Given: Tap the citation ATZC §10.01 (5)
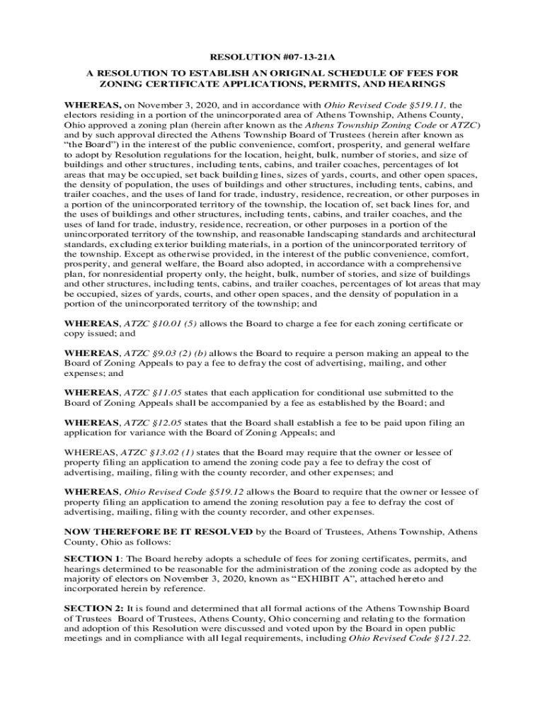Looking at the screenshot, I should pos(160,324).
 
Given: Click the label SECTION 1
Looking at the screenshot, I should pos(93,559).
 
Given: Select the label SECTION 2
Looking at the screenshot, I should pos(93,608).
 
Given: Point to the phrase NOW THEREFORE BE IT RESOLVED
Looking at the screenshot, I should pos(158,531).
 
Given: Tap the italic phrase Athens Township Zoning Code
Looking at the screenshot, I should pos(383,125).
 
